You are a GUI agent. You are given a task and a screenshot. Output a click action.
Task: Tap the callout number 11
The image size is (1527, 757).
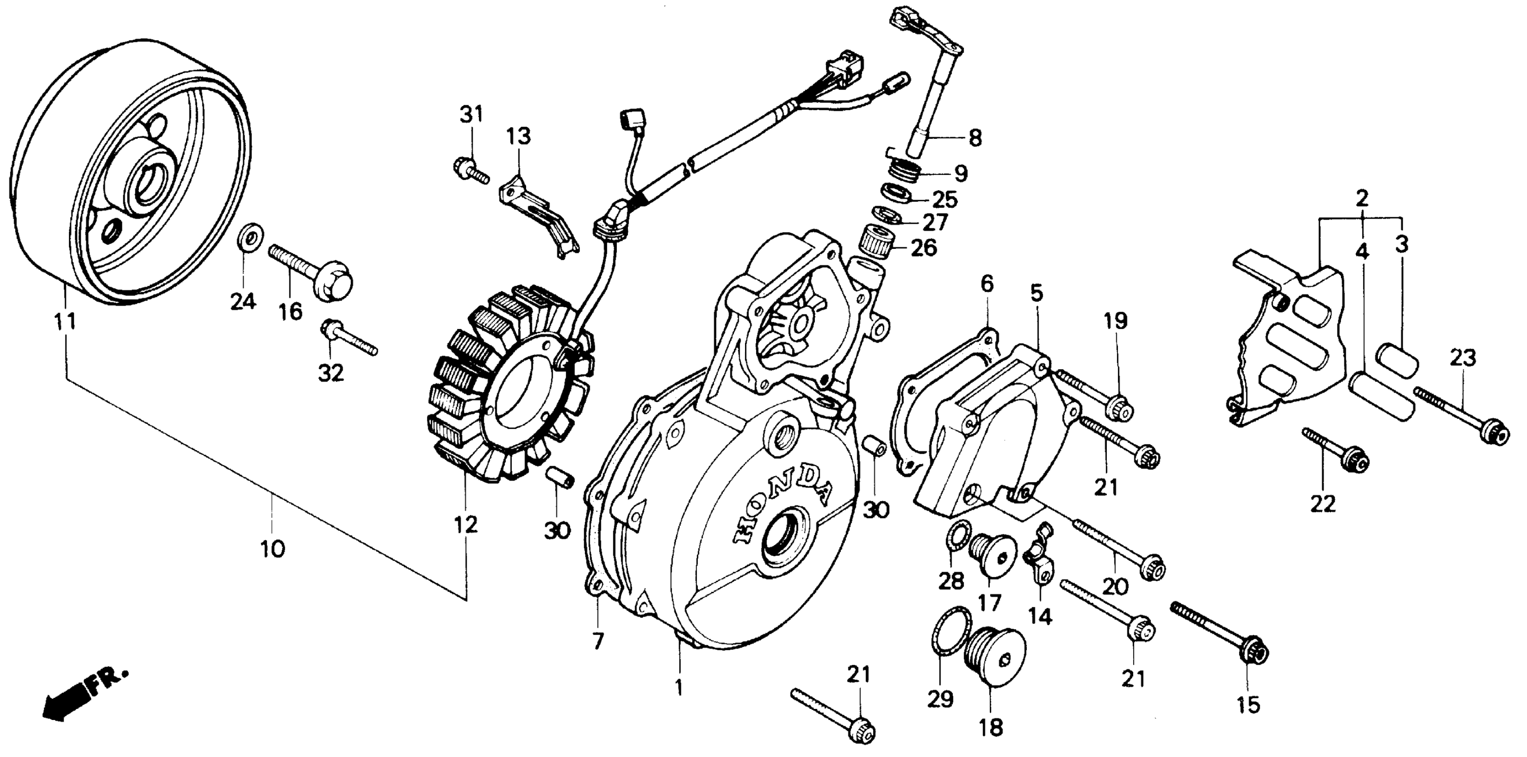[65, 322]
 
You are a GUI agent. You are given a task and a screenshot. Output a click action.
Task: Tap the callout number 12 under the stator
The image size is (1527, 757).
[466, 525]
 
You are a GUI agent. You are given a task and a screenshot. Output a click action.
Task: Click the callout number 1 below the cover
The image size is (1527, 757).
[679, 687]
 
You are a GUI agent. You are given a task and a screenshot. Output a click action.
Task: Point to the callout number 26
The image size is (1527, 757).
[922, 248]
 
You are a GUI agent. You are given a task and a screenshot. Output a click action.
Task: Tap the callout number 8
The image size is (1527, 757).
[975, 138]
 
